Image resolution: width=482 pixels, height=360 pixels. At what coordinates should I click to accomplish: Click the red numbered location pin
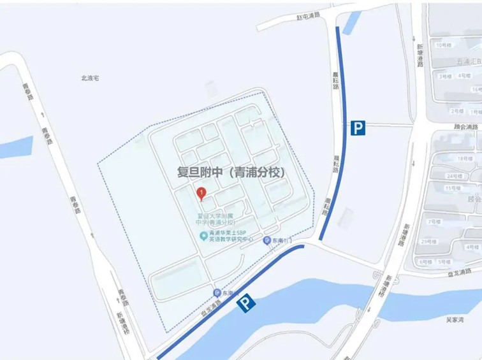[x=202, y=193]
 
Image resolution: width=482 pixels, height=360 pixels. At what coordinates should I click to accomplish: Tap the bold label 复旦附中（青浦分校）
[x=230, y=171]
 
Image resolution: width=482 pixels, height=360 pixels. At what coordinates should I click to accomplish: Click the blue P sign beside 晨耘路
[x=358, y=129]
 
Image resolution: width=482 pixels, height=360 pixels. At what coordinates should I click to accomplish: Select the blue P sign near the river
[x=246, y=305]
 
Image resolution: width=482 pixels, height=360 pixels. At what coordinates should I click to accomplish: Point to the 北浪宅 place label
[x=90, y=78]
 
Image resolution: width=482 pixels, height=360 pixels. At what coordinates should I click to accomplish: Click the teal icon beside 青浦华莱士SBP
[x=203, y=236]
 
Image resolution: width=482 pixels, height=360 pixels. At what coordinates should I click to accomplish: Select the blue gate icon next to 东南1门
[x=267, y=241]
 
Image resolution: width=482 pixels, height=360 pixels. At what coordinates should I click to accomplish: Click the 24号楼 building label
[x=454, y=176]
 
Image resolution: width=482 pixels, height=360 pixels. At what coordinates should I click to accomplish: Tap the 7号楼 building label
[x=434, y=221]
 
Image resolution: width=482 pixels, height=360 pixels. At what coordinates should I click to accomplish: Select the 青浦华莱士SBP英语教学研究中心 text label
[x=232, y=237]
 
